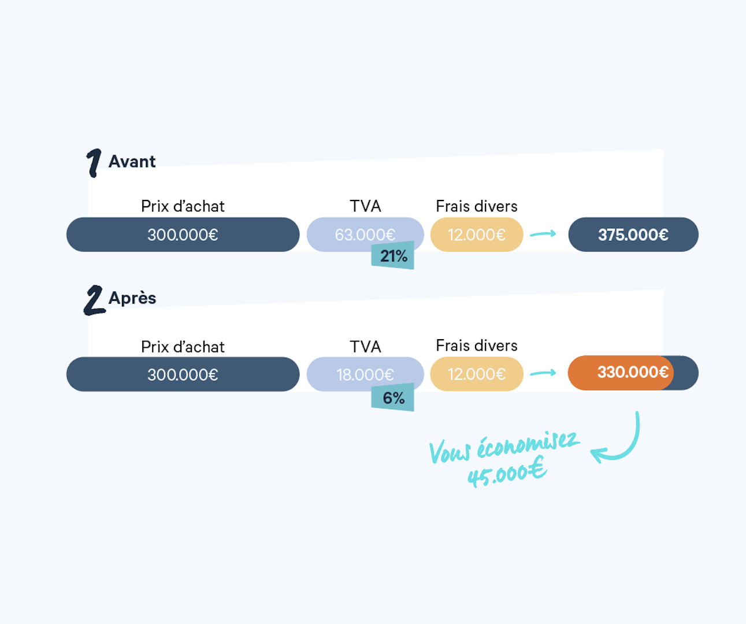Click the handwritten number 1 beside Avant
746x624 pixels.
pyautogui.click(x=94, y=162)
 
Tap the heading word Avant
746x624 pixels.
pyautogui.click(x=132, y=162)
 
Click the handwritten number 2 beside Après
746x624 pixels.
pyautogui.click(x=94, y=300)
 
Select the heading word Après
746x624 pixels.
pyautogui.click(x=132, y=298)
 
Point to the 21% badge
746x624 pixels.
pyautogui.click(x=393, y=256)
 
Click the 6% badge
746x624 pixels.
pyautogui.click(x=393, y=398)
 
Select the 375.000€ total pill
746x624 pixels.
pyautogui.click(x=633, y=235)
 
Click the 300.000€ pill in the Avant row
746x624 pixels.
pyautogui.click(x=183, y=235)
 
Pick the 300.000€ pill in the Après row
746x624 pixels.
pyautogui.click(x=183, y=374)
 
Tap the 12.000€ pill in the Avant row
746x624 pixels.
pyautogui.click(x=477, y=235)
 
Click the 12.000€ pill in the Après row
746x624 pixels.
pyautogui.click(x=477, y=374)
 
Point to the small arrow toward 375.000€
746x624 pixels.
pyautogui.click(x=543, y=234)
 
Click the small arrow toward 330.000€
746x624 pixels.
pyautogui.click(x=543, y=373)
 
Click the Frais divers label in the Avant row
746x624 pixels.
pyautogui.click(x=477, y=206)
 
